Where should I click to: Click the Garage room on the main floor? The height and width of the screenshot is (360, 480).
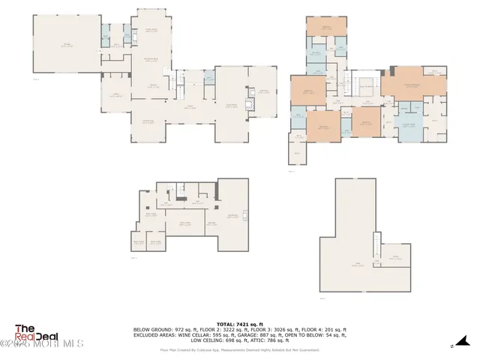pyautogui.click(x=67, y=45)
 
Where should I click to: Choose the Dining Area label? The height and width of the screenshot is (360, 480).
pyautogui.click(x=148, y=121)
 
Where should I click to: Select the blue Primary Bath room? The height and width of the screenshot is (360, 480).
pyautogui.click(x=409, y=126)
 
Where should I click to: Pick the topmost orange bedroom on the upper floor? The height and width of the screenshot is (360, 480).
pyautogui.click(x=326, y=30)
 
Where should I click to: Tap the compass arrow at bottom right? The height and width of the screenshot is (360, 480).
pyautogui.click(x=452, y=346)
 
